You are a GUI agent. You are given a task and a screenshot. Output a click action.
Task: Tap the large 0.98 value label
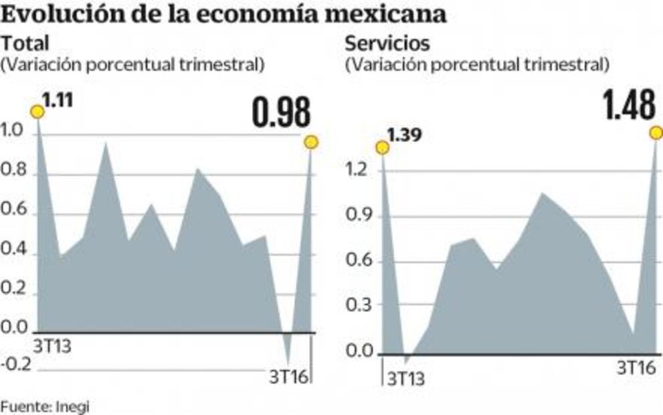click(281, 112)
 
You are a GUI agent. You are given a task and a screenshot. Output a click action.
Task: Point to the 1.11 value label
click(59, 102)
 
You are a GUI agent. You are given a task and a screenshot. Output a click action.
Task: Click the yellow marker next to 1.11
click(37, 111)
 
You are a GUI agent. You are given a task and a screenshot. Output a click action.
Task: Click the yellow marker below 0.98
click(310, 142)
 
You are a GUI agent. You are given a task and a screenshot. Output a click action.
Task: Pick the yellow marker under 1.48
click(656, 133)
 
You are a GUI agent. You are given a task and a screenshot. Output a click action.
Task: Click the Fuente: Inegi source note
click(44, 406)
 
